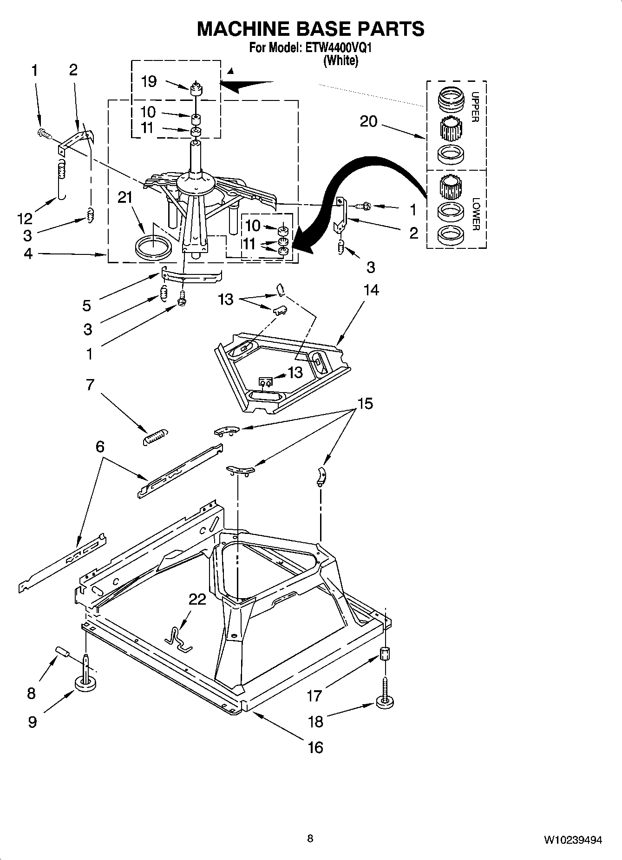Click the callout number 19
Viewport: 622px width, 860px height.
tap(149, 82)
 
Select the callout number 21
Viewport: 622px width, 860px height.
tap(125, 198)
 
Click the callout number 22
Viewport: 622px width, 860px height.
tap(197, 600)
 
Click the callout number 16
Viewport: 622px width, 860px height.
tap(315, 747)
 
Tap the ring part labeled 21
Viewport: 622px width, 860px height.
tap(151, 247)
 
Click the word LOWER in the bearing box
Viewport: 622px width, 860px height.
tap(475, 213)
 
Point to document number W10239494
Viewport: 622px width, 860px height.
tap(573, 840)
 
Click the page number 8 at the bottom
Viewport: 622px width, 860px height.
tap(310, 838)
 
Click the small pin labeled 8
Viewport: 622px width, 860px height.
tap(62, 652)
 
